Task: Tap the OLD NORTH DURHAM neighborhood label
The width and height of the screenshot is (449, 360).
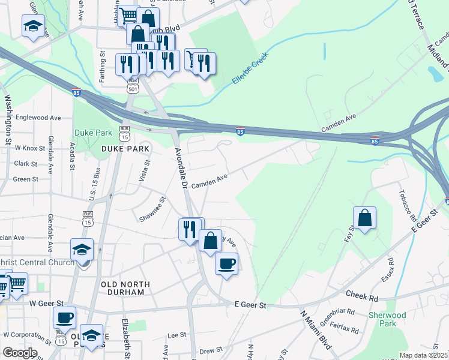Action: [123, 288]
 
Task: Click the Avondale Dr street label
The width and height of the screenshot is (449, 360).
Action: [182, 167]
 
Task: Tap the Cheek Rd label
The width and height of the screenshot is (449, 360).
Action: [362, 295]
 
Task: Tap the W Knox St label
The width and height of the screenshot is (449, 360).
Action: [30, 148]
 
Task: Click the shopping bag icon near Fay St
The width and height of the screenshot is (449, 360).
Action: [364, 219]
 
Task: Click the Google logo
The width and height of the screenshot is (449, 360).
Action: [20, 353]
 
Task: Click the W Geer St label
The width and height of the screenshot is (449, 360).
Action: [47, 304]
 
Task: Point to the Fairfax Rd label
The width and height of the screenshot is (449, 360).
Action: [346, 329]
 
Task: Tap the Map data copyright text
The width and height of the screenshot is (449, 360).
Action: [424, 355]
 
